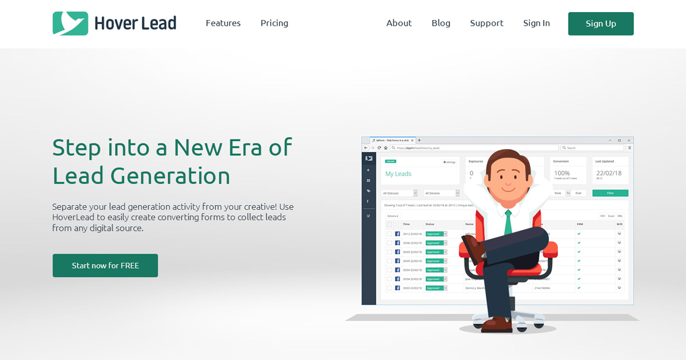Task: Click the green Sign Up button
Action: pos(600,23)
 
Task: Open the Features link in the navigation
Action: pos(223,23)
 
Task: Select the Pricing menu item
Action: pos(274,23)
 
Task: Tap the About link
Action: pos(399,23)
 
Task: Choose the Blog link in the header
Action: pos(441,23)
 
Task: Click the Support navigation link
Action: pos(486,23)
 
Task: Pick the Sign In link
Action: pos(536,23)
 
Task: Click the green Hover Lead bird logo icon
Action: pos(70,23)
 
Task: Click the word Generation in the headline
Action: pos(170,176)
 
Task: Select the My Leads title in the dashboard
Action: pos(398,174)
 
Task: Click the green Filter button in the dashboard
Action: pos(610,193)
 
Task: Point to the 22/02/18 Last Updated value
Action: pos(609,173)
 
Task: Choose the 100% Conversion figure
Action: pos(562,173)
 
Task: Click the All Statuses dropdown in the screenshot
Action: pos(400,193)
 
